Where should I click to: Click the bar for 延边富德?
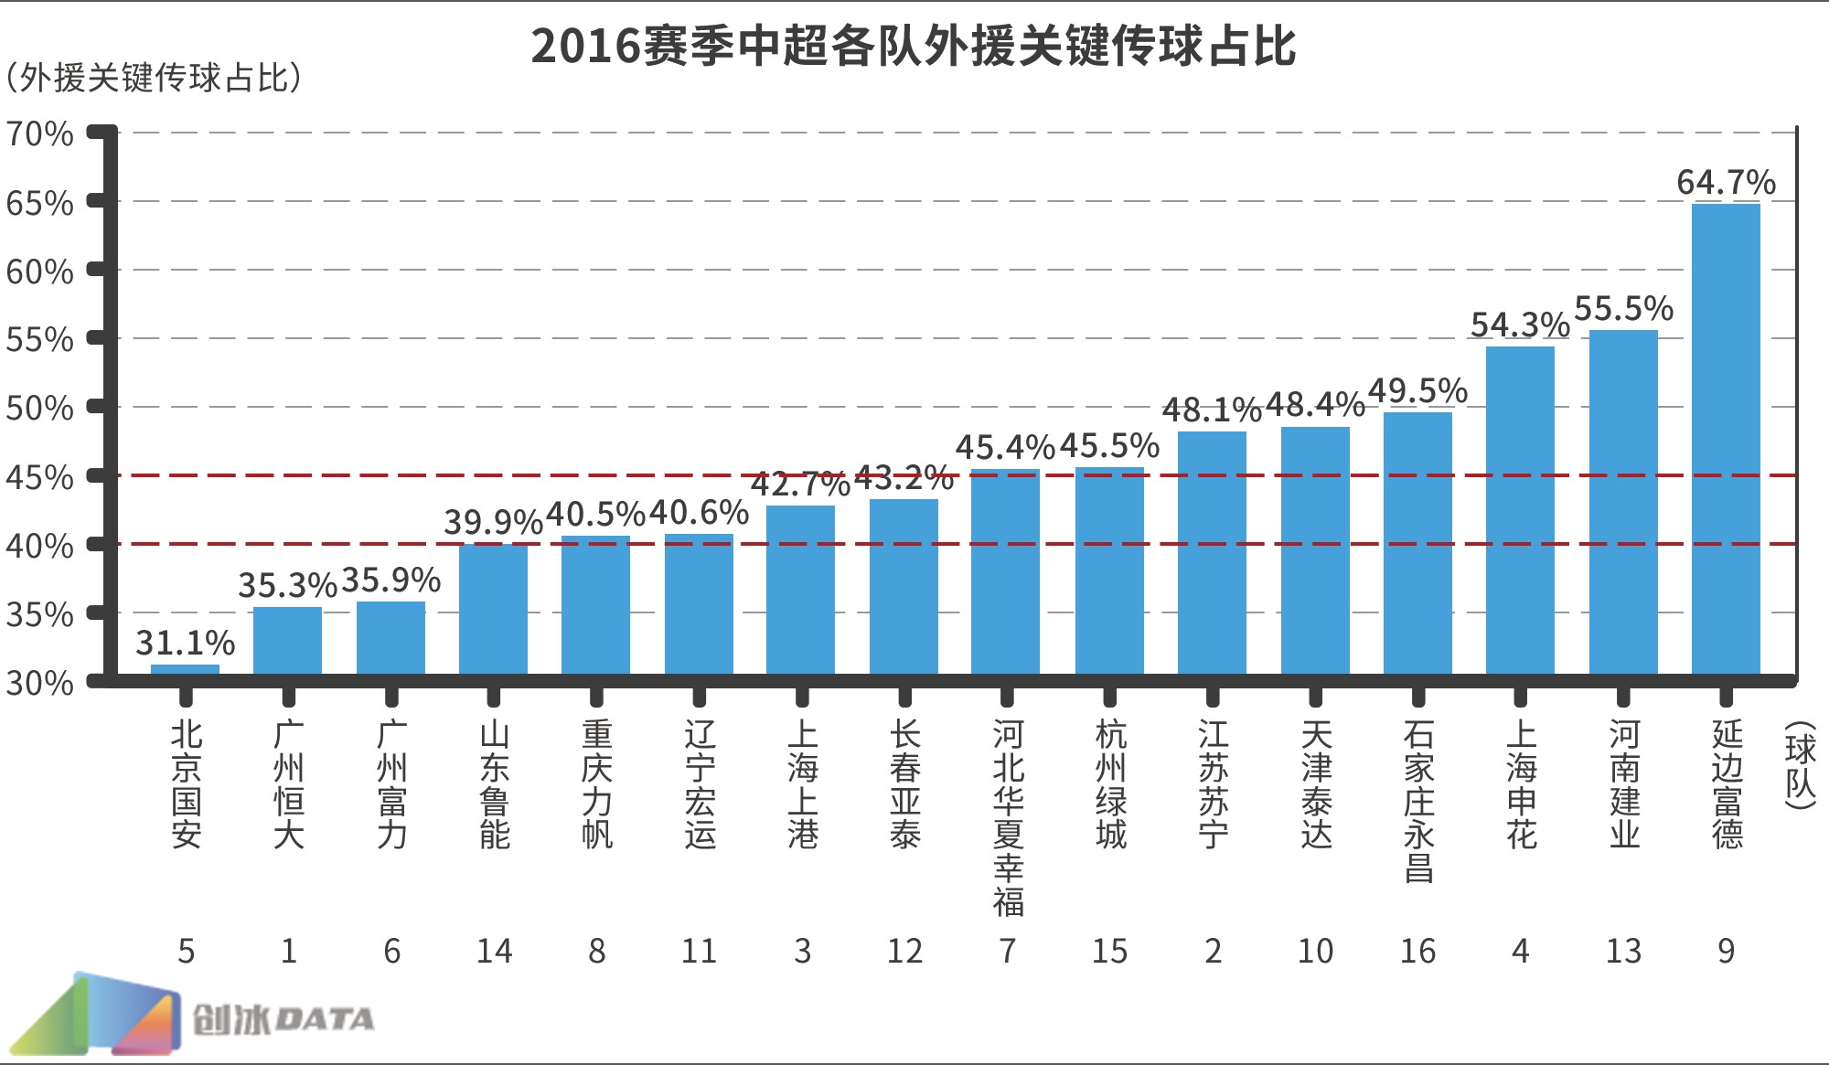1726,439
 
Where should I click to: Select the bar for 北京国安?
185,670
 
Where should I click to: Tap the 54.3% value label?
1520,325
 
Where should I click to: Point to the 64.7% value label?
1726,183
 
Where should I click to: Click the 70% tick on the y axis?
39,134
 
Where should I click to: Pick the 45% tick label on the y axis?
39,477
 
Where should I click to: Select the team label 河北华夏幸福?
1008,818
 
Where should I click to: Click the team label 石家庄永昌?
1418,802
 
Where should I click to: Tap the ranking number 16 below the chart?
1417,952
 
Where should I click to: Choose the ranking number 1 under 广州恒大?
288,952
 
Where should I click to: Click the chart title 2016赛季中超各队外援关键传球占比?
913,46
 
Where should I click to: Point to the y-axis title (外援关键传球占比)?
154,79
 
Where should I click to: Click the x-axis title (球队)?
1799,766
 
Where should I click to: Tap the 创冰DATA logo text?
283,1019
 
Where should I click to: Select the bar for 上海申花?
1520,510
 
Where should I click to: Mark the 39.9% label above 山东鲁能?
494,522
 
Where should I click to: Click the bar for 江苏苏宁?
1212,553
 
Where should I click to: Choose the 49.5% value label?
1417,390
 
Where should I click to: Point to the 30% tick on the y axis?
39,683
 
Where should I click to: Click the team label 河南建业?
1624,784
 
